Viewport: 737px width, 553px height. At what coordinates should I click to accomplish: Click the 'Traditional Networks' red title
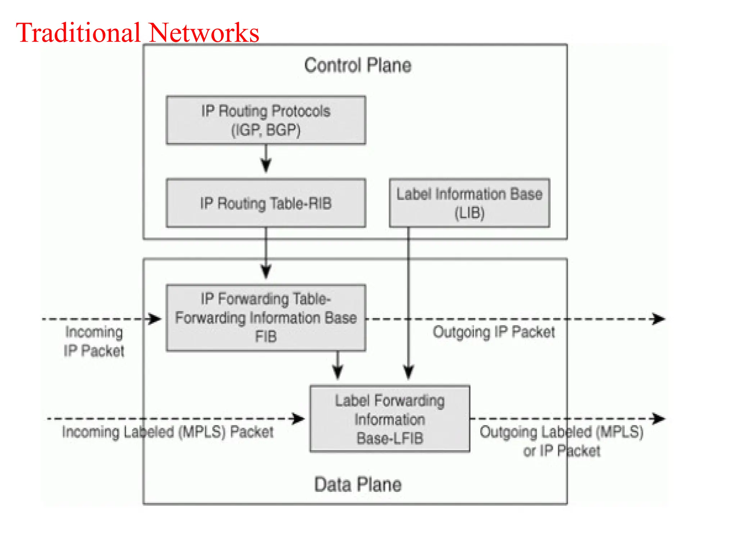[x=137, y=33]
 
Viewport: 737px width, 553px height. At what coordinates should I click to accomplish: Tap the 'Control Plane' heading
[x=357, y=66]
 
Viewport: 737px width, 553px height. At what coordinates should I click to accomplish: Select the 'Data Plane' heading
[x=357, y=484]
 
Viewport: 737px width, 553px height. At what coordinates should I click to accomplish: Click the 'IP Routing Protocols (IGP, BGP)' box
[x=266, y=120]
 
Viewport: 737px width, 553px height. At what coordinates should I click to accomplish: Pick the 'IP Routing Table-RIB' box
[x=266, y=203]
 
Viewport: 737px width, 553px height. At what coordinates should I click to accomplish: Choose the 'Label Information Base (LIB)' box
[x=469, y=203]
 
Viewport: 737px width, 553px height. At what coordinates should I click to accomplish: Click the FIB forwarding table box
[x=266, y=318]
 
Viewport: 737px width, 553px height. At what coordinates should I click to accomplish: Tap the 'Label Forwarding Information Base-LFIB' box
[x=390, y=419]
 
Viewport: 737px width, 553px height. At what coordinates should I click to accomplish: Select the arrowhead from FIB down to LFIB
[x=337, y=372]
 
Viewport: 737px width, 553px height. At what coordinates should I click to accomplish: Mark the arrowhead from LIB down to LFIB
[x=408, y=372]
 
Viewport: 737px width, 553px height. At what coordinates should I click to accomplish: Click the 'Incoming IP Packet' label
[x=94, y=341]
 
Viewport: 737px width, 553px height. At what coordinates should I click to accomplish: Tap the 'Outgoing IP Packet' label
[x=493, y=332]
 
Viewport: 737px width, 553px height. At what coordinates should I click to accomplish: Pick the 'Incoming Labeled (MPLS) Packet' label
[x=168, y=432]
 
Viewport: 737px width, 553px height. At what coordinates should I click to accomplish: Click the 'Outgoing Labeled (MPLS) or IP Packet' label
[x=561, y=441]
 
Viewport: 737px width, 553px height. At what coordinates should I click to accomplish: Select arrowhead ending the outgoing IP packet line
[x=659, y=319]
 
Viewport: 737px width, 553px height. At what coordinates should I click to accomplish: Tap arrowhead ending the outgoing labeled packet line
[x=659, y=419]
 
